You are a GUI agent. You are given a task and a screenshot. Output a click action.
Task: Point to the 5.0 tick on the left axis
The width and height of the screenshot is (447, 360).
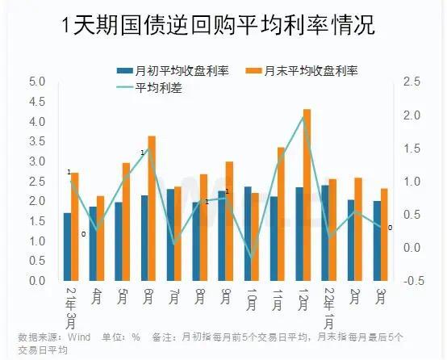[x=36, y=82]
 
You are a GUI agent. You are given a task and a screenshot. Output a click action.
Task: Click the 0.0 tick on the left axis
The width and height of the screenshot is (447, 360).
[x=36, y=281]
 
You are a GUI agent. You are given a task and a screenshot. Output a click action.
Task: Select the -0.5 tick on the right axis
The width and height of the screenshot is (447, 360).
[x=412, y=281]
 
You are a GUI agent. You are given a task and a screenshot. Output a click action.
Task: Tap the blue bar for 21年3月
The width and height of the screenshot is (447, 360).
[x=68, y=247]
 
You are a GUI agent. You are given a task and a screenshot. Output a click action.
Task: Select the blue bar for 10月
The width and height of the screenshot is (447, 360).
[x=248, y=234]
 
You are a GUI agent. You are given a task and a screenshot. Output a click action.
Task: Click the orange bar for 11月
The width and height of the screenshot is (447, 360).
[x=281, y=214]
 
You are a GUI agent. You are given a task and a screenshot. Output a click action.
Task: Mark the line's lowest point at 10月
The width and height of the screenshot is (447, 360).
[x=251, y=258]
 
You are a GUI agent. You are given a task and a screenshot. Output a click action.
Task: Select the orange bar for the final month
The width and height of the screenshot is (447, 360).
[x=384, y=235]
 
